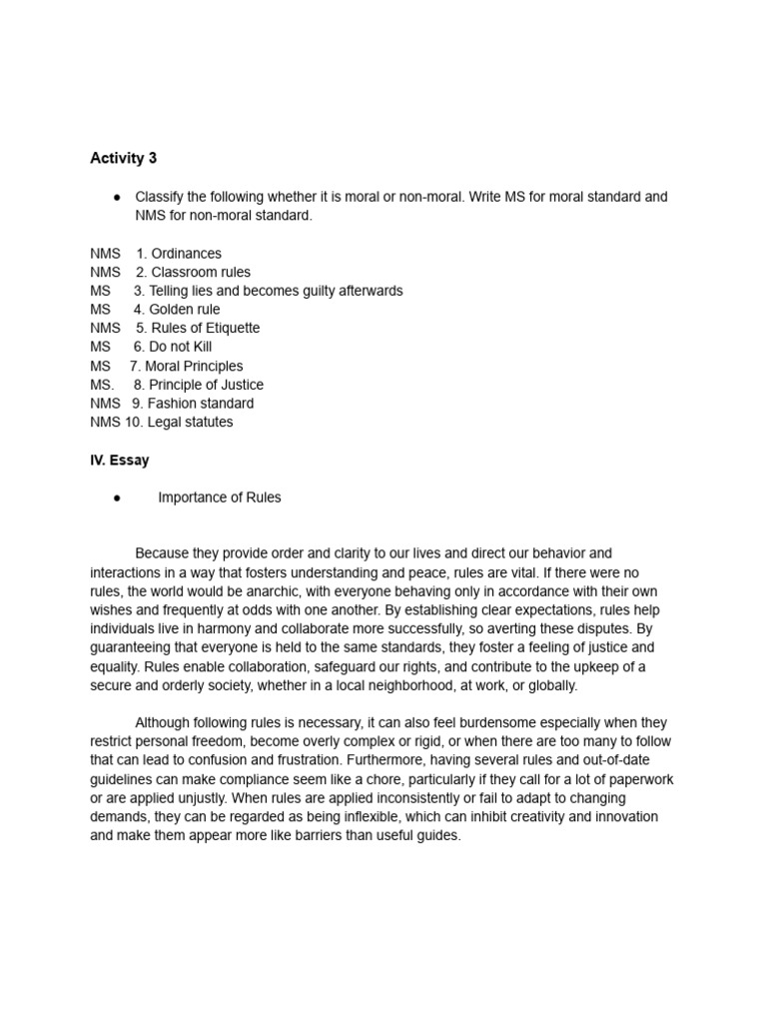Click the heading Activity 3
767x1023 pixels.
[x=123, y=158]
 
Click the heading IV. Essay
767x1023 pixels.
[x=119, y=461]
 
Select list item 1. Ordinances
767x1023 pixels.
[x=179, y=254]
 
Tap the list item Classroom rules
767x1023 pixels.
[x=194, y=272]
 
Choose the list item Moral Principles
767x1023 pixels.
[x=187, y=367]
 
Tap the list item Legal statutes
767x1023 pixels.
[x=179, y=423]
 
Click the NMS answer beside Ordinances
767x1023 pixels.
[x=105, y=254]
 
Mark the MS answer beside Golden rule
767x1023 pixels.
[x=100, y=310]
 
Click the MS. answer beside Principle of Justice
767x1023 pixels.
[x=102, y=385]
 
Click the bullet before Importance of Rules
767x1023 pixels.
[x=117, y=499]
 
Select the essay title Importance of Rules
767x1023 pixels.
[x=219, y=498]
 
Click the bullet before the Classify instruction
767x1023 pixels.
[x=117, y=198]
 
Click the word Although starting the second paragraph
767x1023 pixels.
[x=163, y=722]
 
